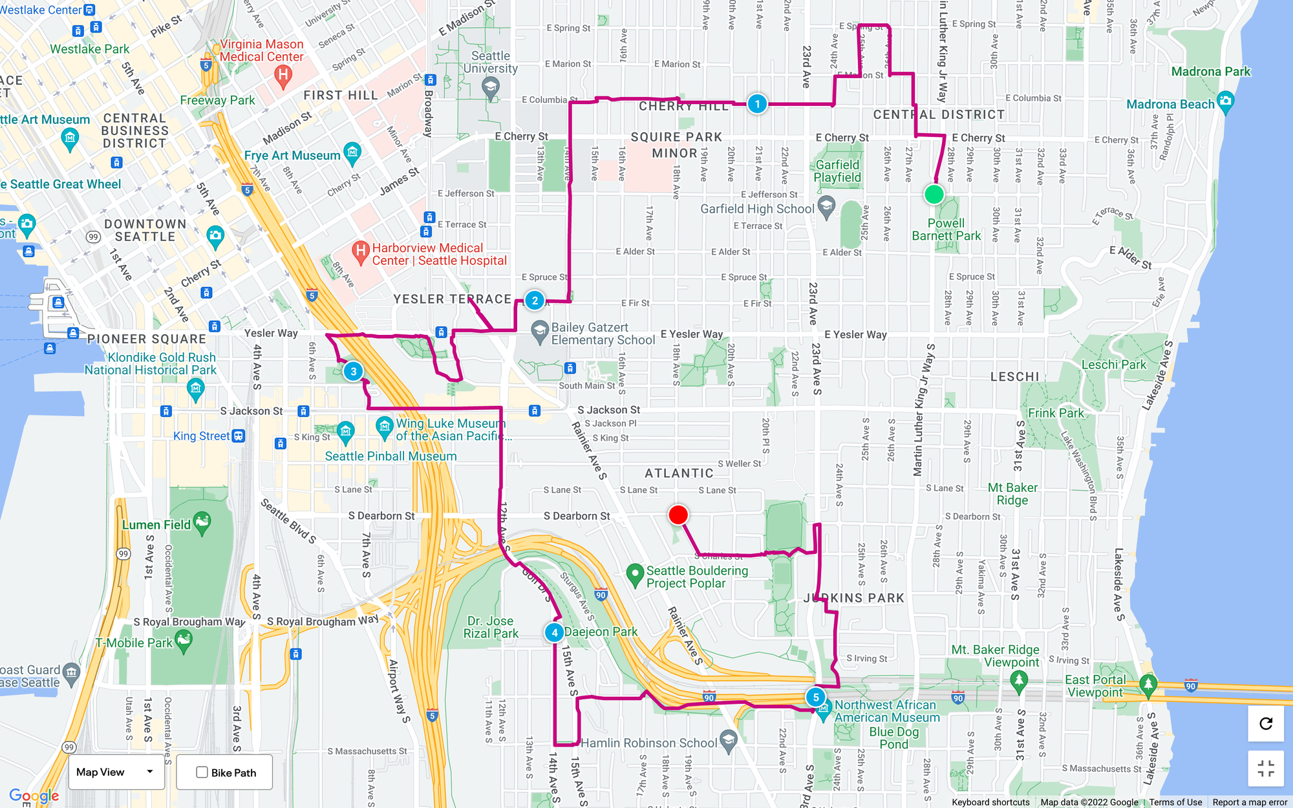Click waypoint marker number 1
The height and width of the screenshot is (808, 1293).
(x=757, y=103)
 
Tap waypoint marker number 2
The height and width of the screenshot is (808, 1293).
(x=535, y=301)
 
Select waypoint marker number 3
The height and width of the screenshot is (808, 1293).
(x=353, y=372)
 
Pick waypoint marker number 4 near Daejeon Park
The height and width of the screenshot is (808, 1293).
(x=554, y=633)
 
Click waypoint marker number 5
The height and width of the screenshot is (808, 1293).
(x=816, y=697)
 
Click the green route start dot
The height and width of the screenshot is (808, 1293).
(x=934, y=194)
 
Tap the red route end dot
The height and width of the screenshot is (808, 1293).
(x=678, y=515)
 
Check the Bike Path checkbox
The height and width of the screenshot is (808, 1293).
(x=202, y=772)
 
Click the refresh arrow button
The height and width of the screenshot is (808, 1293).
(x=1266, y=723)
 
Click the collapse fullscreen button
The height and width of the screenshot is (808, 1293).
(x=1266, y=769)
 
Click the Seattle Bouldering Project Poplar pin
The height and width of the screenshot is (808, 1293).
(x=635, y=573)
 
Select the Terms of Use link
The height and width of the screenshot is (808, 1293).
(x=1175, y=802)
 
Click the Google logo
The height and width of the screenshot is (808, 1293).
(x=34, y=796)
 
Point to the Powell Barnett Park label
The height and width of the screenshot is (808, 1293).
(x=946, y=229)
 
